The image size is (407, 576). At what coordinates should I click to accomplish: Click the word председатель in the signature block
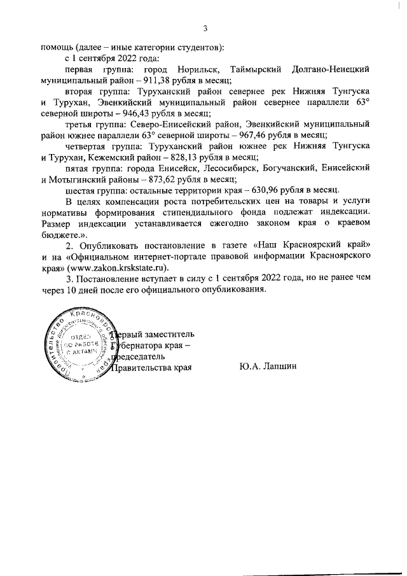pos(140,356)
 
